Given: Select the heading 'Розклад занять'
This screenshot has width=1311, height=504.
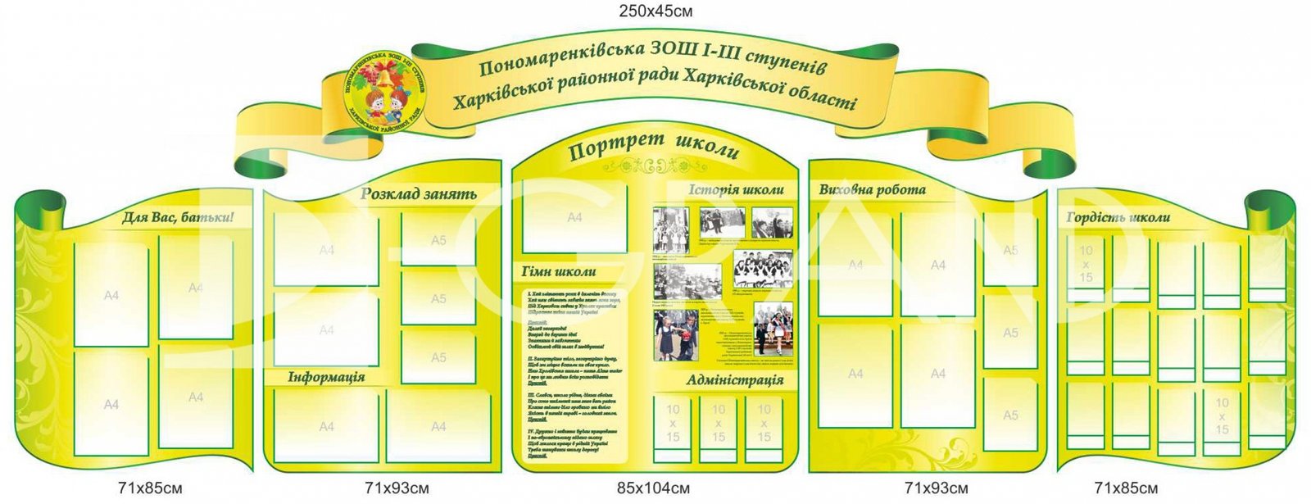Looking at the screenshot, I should (418, 194).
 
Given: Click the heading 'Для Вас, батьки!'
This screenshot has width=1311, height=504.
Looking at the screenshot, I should (178, 218).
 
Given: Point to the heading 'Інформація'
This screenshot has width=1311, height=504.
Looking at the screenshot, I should (326, 377).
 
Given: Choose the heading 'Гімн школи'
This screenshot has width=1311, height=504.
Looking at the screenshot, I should (559, 272).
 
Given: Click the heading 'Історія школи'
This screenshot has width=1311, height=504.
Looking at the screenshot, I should (736, 190).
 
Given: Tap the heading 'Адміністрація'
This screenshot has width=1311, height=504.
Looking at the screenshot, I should (734, 380).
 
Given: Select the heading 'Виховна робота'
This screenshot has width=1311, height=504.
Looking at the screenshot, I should (872, 190).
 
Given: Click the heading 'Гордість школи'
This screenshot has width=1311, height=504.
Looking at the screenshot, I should (1118, 217).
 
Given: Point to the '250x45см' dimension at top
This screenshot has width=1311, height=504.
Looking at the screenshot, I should (655, 11).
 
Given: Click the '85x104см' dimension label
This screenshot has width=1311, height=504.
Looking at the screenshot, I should (653, 489).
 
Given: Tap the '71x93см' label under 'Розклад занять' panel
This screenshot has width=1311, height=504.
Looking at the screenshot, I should (397, 489).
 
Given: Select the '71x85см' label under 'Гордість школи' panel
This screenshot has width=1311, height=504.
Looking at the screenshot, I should (1126, 489).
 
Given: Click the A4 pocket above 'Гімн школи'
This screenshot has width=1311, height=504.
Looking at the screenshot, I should (574, 218).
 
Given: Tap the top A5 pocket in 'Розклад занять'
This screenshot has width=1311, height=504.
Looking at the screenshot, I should (438, 239).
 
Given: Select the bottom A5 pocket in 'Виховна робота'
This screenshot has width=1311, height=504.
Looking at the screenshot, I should (1010, 415).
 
